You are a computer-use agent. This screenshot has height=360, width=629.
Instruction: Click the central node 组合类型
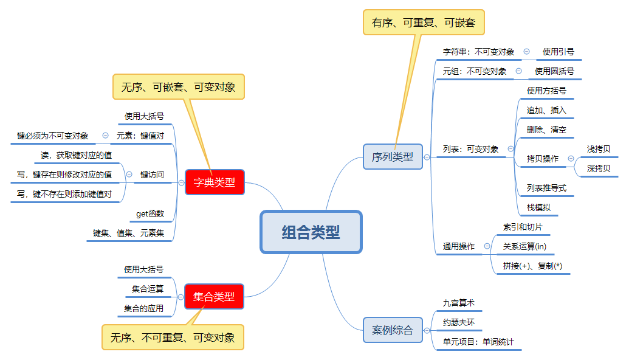[x=311, y=232]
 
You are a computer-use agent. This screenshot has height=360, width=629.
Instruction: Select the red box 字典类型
[x=215, y=182]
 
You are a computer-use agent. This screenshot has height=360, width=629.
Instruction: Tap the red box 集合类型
[x=214, y=297]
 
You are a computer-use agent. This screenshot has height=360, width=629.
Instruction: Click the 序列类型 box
[x=392, y=157]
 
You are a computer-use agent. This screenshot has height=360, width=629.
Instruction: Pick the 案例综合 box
[x=392, y=330]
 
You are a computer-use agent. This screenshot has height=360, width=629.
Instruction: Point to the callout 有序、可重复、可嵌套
[x=424, y=22]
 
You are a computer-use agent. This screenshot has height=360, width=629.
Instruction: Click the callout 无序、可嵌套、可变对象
[x=178, y=87]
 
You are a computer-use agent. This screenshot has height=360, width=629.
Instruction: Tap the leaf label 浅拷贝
[x=599, y=149]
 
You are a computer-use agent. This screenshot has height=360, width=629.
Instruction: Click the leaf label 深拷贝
[x=599, y=168]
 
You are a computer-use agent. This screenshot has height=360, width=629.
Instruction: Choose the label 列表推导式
[x=546, y=188]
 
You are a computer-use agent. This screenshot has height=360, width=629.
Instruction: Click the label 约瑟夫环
[x=459, y=322]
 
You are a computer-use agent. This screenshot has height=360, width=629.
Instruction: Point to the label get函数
[x=150, y=213]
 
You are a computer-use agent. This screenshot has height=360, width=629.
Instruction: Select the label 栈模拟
[x=538, y=207]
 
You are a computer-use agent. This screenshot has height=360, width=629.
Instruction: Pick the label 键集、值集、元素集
[x=129, y=233]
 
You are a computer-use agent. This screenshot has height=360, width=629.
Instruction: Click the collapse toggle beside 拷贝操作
[x=571, y=159]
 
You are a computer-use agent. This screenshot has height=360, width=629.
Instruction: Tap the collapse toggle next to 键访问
[x=129, y=175]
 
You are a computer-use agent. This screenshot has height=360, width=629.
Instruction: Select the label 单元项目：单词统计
[x=478, y=342]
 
